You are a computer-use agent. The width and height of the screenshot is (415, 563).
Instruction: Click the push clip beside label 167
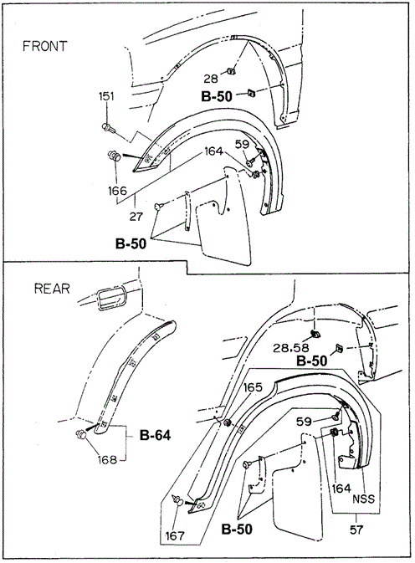pyautogui.click(x=178, y=502)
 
